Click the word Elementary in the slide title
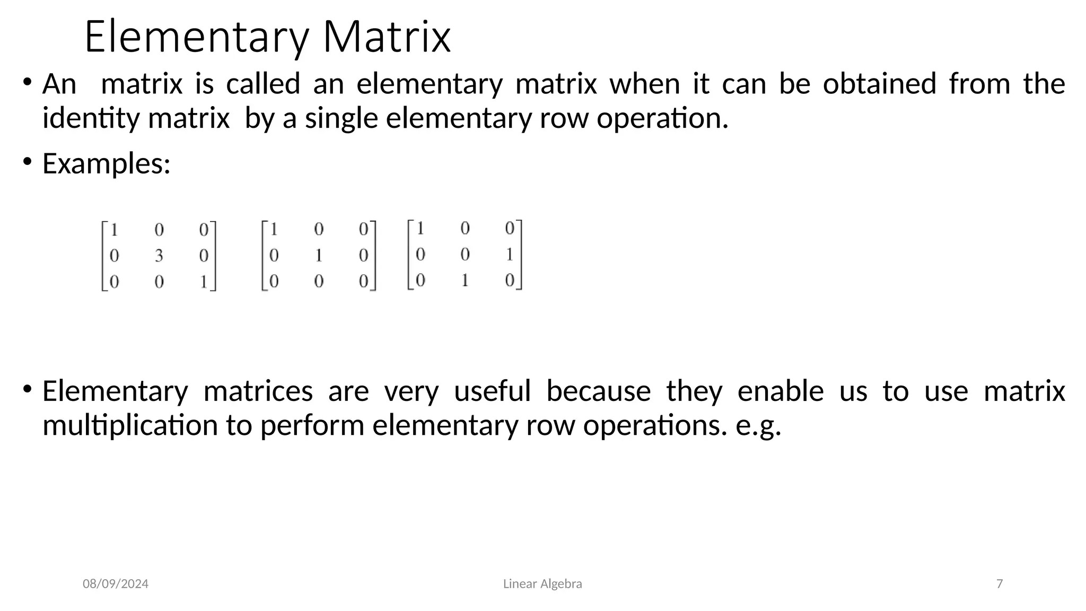click(197, 37)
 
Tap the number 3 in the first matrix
click(159, 256)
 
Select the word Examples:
click(107, 163)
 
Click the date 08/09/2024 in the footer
click(116, 584)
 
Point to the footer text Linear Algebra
click(542, 584)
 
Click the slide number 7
click(1000, 584)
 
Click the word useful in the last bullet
click(492, 391)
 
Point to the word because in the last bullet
click(598, 391)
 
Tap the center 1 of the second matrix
click(319, 256)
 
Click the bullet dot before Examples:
click(27, 162)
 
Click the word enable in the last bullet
click(781, 391)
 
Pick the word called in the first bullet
click(263, 84)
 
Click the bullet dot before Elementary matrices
click(27, 390)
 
